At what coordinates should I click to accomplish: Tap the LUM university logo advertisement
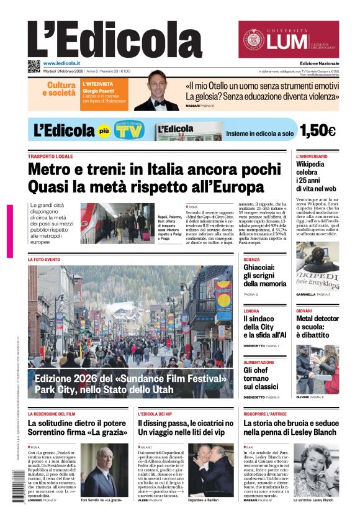pos(288,40)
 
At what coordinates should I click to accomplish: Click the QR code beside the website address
pos(34,66)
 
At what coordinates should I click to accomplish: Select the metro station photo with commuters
pos(109,222)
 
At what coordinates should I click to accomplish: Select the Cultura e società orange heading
pos(59,89)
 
